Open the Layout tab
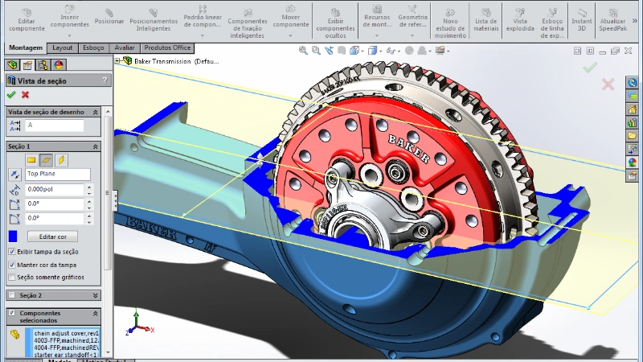pos(63,47)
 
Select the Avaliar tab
pos(125,47)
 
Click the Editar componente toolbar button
pos(27,18)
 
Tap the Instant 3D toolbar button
pos(581,18)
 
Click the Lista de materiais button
pos(486,18)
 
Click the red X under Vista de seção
pos(25,95)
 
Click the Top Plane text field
pos(57,174)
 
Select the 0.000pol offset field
pos(54,190)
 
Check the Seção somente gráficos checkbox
pos(11,277)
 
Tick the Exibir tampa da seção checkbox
pos(11,251)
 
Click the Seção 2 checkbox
pos(11,295)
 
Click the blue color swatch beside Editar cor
pos(13,237)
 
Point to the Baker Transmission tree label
pos(166,61)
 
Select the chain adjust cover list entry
pos(64,333)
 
